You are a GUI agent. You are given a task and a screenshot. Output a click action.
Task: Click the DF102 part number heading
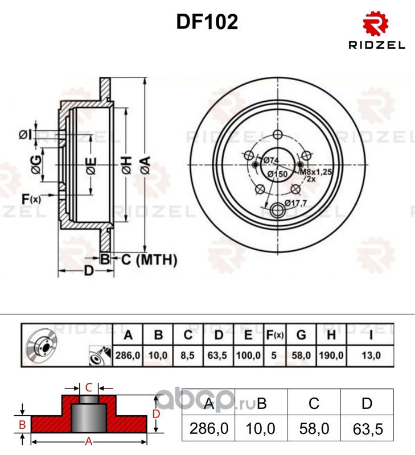click(207, 22)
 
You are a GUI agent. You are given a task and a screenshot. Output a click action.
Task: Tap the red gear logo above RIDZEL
click(376, 24)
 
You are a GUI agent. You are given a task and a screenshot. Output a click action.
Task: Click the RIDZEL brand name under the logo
click(377, 45)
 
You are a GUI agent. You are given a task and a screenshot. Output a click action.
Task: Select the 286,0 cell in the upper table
click(128, 355)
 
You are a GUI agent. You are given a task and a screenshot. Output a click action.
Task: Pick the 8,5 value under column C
click(188, 355)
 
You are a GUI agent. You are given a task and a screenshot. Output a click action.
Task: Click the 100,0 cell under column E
click(248, 355)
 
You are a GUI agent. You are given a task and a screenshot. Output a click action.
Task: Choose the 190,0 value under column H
click(331, 355)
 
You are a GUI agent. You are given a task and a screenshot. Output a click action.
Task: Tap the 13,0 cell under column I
click(371, 355)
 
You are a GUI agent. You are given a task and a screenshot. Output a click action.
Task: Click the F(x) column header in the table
click(275, 335)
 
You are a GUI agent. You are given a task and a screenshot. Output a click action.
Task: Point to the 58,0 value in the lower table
click(314, 429)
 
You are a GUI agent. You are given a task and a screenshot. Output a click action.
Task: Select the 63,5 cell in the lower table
click(368, 429)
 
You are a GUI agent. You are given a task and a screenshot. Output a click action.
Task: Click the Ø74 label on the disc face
click(271, 160)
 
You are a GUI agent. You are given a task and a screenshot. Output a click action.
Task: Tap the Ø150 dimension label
click(277, 174)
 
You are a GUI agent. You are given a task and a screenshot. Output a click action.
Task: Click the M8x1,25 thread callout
click(315, 172)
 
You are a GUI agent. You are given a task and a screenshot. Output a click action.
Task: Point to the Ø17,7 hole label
click(295, 203)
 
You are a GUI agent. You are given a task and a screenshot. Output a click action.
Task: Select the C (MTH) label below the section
click(149, 259)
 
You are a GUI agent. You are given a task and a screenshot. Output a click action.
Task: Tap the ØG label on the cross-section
click(36, 164)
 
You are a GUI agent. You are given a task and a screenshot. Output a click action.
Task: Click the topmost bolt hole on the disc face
click(278, 135)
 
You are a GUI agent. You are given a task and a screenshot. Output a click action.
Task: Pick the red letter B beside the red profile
click(22, 424)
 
